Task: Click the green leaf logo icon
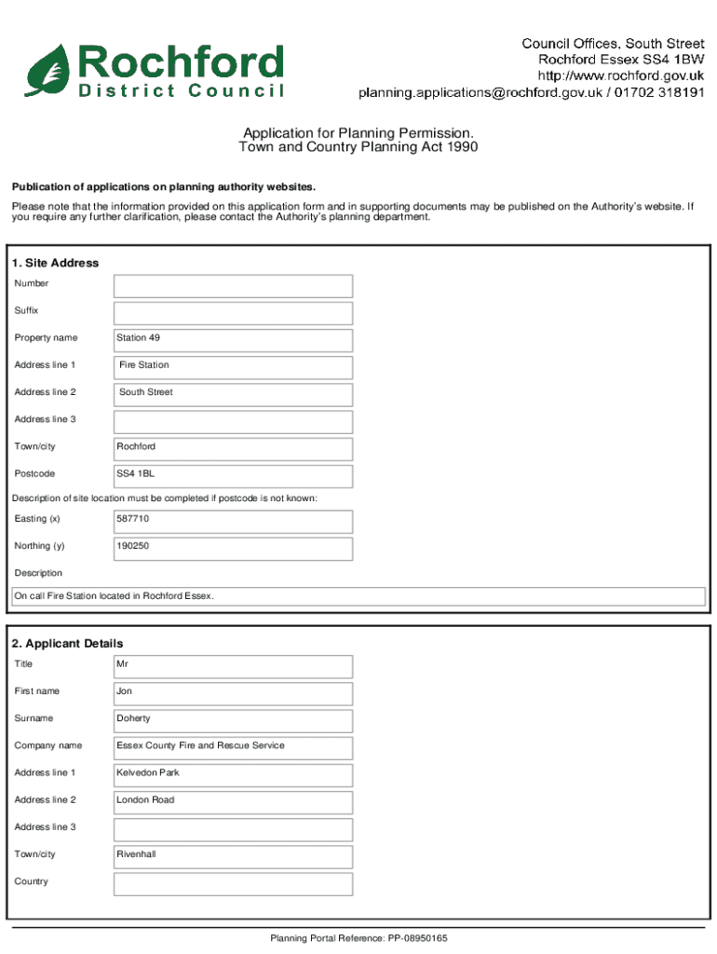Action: [x=47, y=69]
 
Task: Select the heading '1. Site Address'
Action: [x=55, y=263]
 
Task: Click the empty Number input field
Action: [x=233, y=286]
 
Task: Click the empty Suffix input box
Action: [x=233, y=313]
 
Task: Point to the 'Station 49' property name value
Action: [x=138, y=337]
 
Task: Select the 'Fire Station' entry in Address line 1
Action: [x=144, y=365]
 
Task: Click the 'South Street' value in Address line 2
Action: [x=146, y=392]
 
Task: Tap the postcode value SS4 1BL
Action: [x=135, y=473]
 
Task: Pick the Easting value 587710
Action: [x=132, y=518]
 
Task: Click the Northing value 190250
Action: [x=132, y=546]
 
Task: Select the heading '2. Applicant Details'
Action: [x=67, y=644]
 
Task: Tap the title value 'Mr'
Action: [x=123, y=664]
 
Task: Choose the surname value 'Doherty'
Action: [x=133, y=718]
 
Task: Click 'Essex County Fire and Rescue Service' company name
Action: [x=200, y=745]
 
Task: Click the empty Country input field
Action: [x=233, y=883]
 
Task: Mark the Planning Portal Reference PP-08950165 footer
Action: [x=358, y=938]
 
